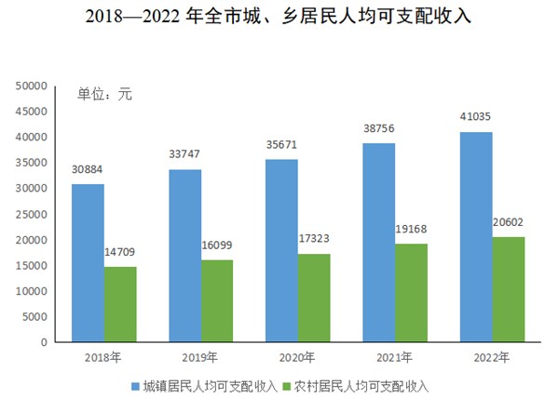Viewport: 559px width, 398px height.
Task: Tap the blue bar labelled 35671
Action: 280,251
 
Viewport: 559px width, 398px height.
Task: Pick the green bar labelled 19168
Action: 411,293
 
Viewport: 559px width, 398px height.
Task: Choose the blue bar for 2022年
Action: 475,237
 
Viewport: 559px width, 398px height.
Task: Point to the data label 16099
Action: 217,247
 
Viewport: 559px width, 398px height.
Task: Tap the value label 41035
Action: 475,118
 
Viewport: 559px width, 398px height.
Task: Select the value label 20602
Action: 508,223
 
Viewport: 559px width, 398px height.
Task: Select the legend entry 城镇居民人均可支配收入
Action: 209,384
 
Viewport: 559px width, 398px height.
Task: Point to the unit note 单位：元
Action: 104,94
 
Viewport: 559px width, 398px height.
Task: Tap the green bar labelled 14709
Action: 120,304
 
